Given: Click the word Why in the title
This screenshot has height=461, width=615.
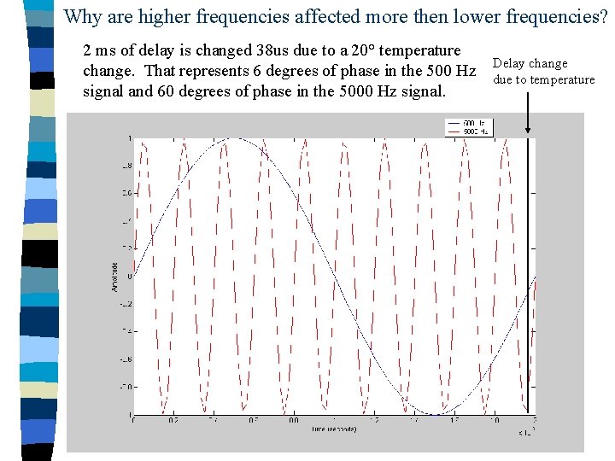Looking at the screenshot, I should click(83, 16).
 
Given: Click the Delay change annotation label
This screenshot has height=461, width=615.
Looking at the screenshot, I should click(530, 64).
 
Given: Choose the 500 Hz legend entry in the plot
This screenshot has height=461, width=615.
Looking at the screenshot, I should click(476, 124).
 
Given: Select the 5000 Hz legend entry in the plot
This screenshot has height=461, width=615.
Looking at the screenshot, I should click(476, 131).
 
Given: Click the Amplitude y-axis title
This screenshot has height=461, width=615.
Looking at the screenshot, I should click(115, 276).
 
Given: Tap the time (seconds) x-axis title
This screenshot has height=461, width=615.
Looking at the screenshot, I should click(334, 429).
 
